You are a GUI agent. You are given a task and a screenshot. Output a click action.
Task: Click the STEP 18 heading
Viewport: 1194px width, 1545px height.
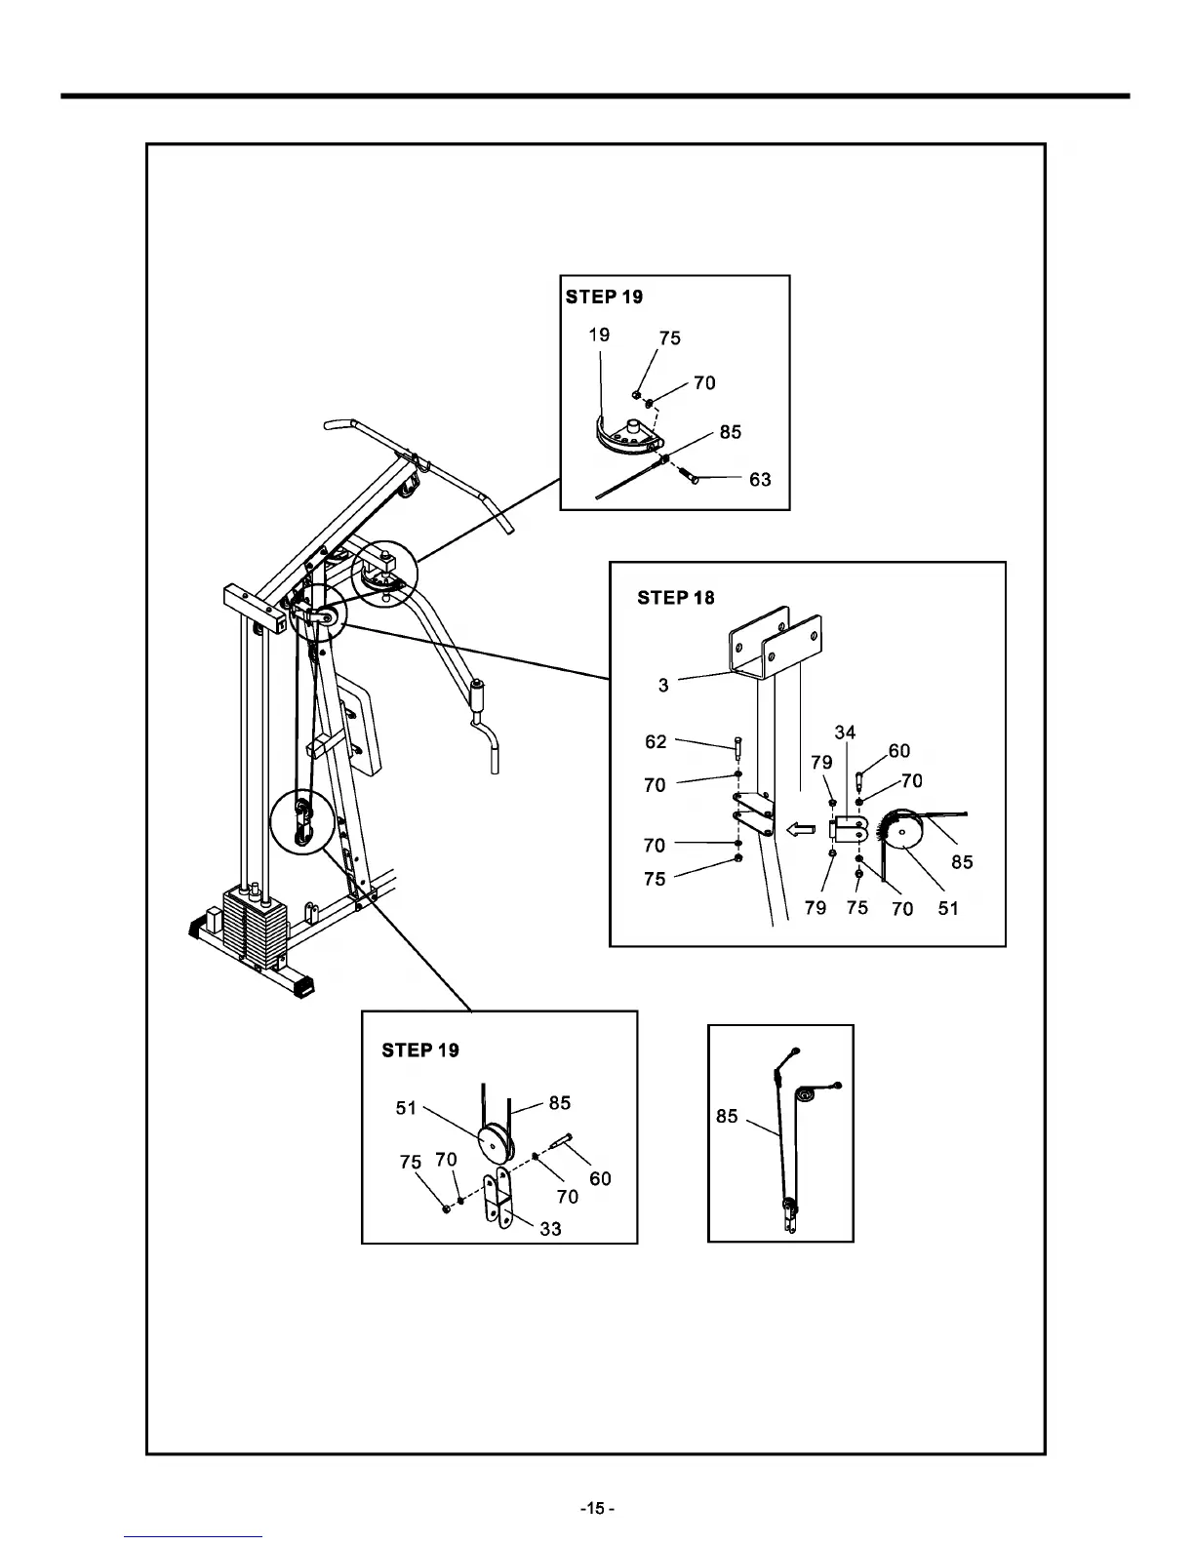[675, 598]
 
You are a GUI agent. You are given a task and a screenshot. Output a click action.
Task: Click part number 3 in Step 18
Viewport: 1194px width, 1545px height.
[663, 685]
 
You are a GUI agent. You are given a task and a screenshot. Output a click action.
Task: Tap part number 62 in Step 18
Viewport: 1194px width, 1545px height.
[656, 742]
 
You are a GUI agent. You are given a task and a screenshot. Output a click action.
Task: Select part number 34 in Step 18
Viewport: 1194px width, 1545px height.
[845, 733]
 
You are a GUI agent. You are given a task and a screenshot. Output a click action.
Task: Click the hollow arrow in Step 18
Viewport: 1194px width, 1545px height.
[800, 830]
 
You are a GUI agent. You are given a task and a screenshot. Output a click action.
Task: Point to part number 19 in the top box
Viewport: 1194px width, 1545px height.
[599, 335]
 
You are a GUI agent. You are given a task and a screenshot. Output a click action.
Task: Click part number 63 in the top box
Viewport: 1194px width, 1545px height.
[760, 479]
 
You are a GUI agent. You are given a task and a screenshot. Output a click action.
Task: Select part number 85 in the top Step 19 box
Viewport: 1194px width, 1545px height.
[730, 432]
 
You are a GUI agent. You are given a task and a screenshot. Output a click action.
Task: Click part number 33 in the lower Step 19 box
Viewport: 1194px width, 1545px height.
[550, 1229]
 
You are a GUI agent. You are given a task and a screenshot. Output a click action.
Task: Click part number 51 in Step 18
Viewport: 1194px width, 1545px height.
[947, 908]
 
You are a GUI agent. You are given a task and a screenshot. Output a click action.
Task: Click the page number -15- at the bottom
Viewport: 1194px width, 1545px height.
[597, 1509]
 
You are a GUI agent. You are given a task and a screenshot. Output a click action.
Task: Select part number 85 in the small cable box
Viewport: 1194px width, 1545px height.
[727, 1116]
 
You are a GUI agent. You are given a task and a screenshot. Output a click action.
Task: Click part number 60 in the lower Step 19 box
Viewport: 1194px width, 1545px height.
[600, 1178]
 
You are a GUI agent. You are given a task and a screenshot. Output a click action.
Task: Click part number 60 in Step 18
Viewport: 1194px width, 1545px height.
[898, 751]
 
